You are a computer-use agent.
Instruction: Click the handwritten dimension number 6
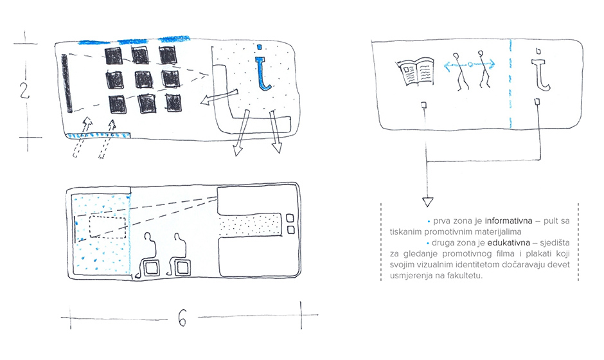(x=182, y=318)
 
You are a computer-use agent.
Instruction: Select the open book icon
(x=414, y=72)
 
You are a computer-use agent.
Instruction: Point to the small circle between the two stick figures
(x=470, y=65)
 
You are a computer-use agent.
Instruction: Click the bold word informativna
(x=508, y=221)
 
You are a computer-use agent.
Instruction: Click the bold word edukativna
(x=508, y=243)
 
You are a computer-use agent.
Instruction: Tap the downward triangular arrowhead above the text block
(x=427, y=202)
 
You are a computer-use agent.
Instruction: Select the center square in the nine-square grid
(x=144, y=80)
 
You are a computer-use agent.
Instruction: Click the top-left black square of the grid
(x=114, y=57)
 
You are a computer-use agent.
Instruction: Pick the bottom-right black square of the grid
(x=174, y=103)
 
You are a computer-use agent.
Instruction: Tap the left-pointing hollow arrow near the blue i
(x=219, y=97)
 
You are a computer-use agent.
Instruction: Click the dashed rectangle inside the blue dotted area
(x=108, y=228)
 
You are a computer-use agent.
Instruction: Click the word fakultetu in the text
(x=468, y=276)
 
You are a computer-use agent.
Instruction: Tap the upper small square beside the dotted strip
(x=290, y=219)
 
